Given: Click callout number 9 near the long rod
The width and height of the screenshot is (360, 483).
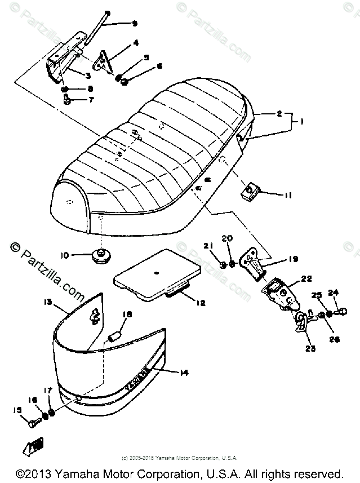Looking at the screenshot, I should tap(134, 24).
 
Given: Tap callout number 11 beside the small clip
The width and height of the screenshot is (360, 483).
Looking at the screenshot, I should tap(288, 196).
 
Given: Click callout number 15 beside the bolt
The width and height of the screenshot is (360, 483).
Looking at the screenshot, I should tap(16, 409).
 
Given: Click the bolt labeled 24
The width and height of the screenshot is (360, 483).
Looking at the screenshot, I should tap(340, 311).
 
